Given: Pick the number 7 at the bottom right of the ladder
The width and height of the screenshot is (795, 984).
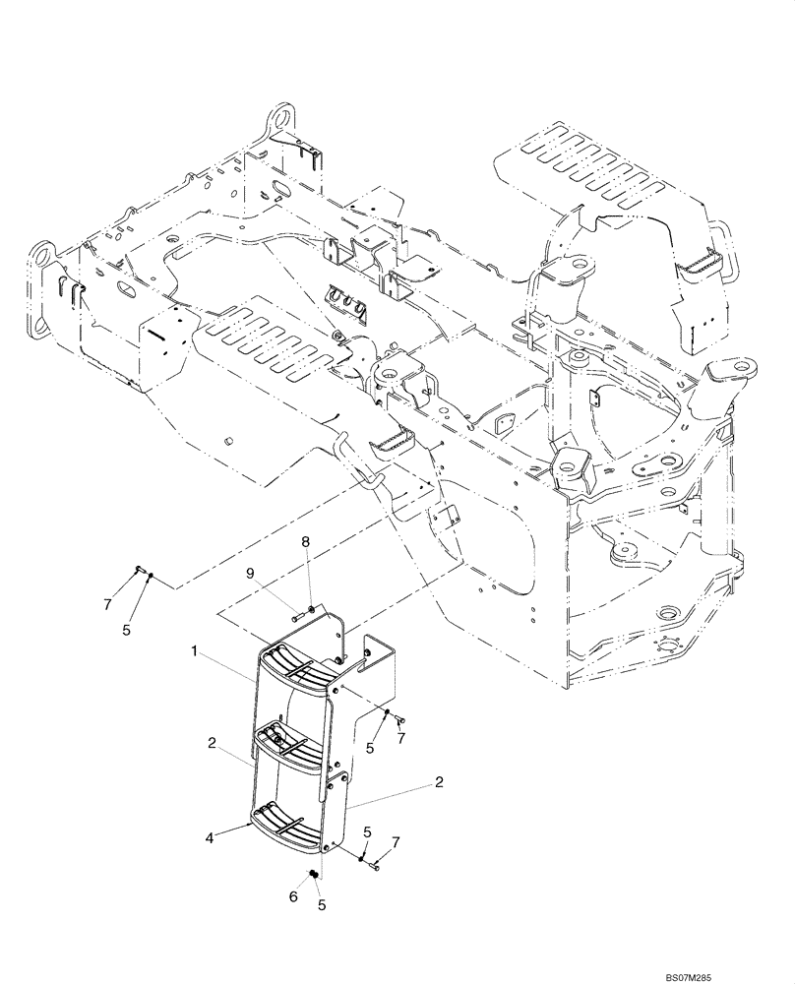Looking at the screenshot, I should click(396, 843).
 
